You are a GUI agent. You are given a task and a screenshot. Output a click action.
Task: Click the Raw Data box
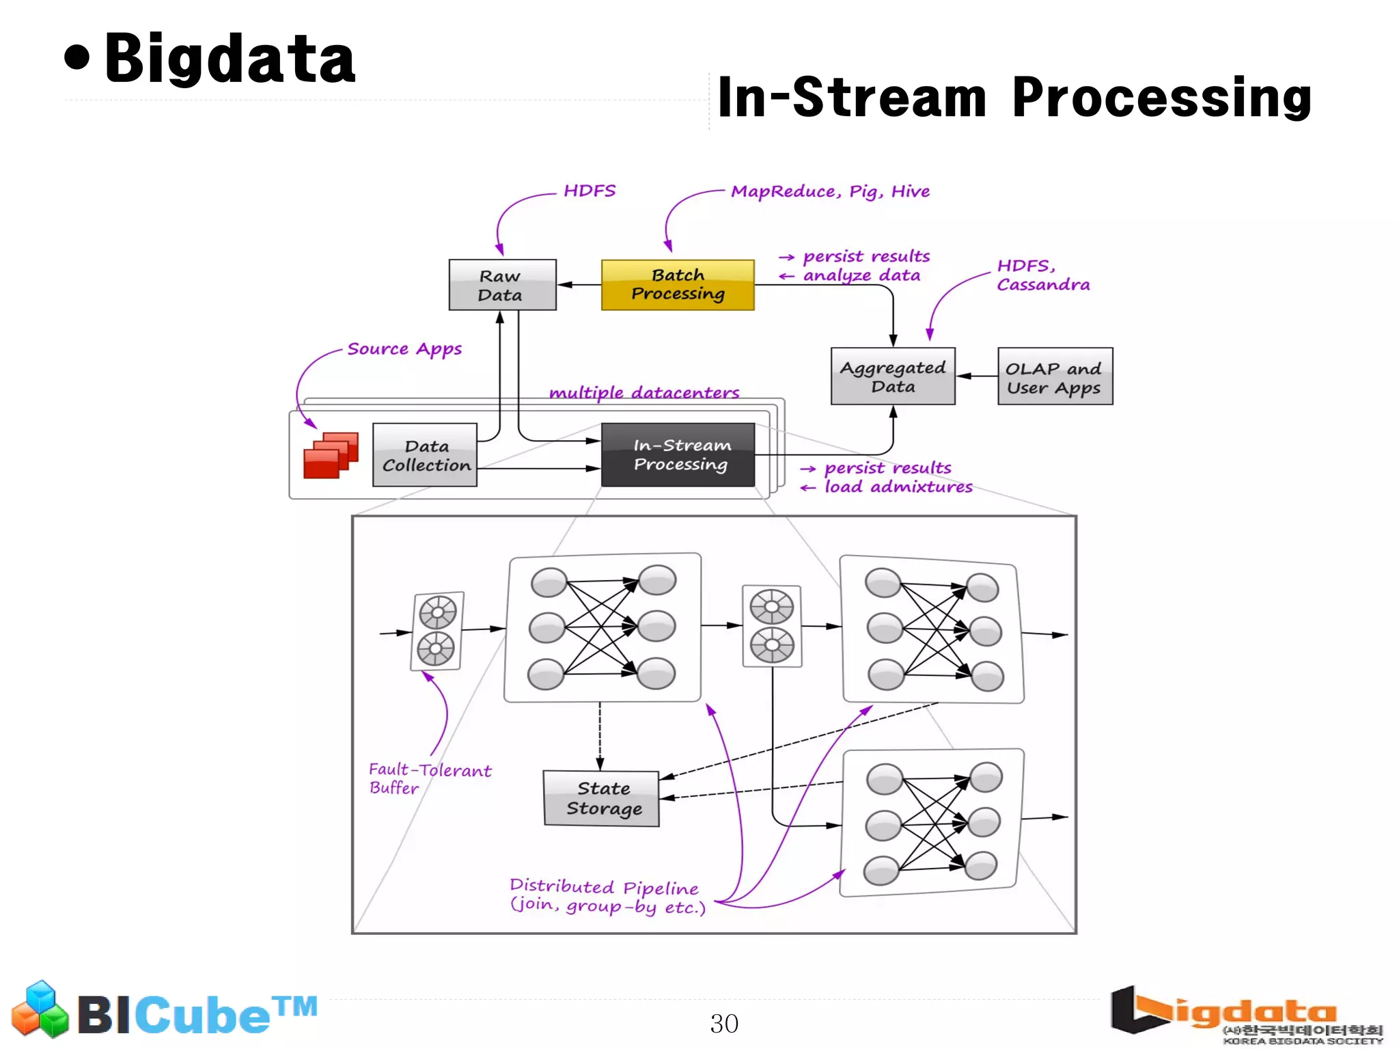click(x=502, y=285)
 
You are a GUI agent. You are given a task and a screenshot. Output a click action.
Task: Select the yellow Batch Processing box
click(x=677, y=285)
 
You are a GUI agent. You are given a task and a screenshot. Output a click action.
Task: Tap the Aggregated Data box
click(x=892, y=377)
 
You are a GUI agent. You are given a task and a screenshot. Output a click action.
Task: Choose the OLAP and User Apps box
click(x=1054, y=377)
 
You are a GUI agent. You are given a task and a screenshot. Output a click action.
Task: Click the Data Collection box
click(x=425, y=455)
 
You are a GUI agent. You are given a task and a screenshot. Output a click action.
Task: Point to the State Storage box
click(x=602, y=798)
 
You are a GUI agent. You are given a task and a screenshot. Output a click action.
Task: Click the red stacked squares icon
click(x=331, y=455)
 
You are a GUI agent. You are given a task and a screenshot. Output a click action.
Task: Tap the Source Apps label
click(x=404, y=349)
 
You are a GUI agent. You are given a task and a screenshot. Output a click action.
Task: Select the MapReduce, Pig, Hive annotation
click(x=830, y=191)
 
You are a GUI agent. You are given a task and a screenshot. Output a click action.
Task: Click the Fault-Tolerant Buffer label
click(x=428, y=778)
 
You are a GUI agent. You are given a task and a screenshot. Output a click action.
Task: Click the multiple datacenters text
click(x=643, y=393)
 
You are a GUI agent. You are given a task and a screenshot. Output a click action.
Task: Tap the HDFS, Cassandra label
click(x=1042, y=275)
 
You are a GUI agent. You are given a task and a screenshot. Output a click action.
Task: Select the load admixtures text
click(x=898, y=487)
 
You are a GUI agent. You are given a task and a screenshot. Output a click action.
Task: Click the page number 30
click(x=723, y=1023)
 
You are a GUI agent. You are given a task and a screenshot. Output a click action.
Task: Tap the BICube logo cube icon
click(x=40, y=1009)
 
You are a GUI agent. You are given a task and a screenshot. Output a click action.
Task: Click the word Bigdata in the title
click(x=230, y=59)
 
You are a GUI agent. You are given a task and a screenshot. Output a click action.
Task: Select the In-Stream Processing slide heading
click(x=1014, y=98)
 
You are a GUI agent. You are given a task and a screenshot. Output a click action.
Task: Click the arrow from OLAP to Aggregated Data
click(x=977, y=376)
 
